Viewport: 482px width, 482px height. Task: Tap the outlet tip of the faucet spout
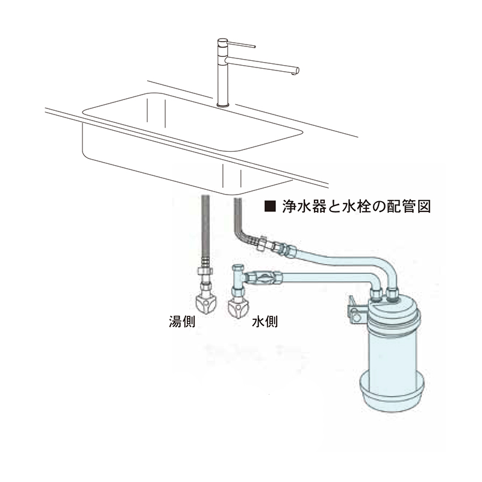point(296,72)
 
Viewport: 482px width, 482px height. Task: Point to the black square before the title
point(270,207)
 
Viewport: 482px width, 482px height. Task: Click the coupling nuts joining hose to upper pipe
point(274,246)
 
